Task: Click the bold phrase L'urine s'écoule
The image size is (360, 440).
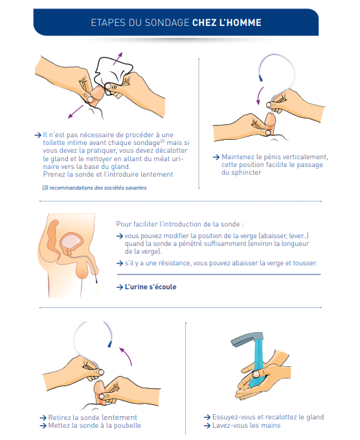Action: click(150, 287)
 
